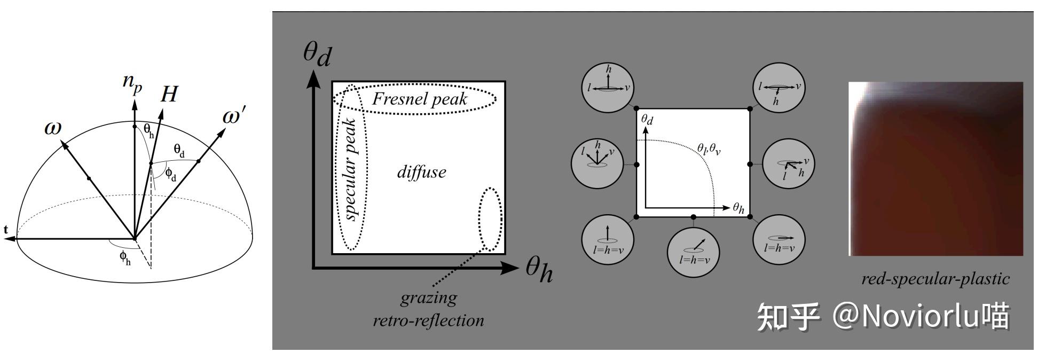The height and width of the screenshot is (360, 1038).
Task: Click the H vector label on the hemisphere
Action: click(169, 94)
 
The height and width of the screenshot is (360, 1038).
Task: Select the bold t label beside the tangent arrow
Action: click(6, 230)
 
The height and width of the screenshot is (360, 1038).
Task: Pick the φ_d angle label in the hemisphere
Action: click(170, 174)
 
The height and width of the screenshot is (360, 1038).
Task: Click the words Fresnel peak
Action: click(419, 98)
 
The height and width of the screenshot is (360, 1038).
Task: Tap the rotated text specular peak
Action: click(350, 169)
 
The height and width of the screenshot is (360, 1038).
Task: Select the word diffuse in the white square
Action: click(421, 171)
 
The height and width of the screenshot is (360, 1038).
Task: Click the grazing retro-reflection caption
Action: click(428, 309)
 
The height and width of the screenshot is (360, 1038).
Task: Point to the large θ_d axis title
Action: click(317, 54)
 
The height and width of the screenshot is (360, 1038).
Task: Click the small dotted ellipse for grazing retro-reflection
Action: click(490, 219)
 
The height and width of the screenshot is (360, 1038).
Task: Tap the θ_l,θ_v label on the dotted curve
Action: click(709, 149)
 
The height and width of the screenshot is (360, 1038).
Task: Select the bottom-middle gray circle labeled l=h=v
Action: click(694, 251)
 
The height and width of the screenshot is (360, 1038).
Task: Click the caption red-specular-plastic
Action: click(935, 279)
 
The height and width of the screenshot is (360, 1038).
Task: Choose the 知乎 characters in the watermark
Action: click(788, 317)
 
